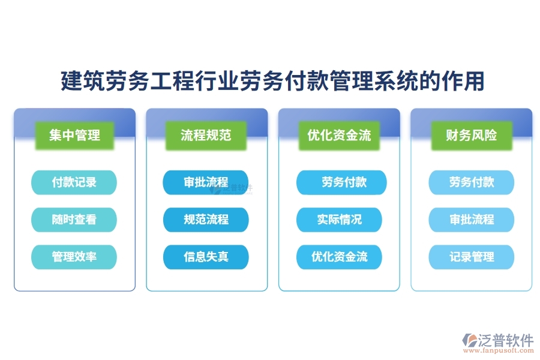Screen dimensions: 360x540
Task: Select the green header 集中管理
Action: [x=74, y=135]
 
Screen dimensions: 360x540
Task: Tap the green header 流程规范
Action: [x=206, y=135]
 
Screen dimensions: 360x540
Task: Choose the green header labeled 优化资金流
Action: [x=339, y=135]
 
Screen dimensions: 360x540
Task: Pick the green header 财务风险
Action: [x=471, y=135]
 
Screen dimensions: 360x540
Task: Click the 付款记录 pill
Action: [x=74, y=182]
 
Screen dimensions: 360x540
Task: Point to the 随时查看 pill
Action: [x=74, y=220]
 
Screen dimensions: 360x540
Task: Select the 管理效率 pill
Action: [x=74, y=257]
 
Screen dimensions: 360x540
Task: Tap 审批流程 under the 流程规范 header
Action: [x=206, y=182]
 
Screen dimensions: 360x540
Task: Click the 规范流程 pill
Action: [x=206, y=220]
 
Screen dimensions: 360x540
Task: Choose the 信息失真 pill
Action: [x=206, y=257]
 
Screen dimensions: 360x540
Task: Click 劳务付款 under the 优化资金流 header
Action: [x=341, y=182]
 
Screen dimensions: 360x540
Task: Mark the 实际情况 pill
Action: [x=339, y=220]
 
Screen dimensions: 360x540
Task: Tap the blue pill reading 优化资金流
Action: [x=339, y=257]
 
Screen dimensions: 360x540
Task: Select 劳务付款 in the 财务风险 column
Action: [x=471, y=182]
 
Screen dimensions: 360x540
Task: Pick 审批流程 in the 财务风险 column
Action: [x=471, y=220]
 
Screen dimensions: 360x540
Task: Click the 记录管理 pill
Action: [x=471, y=257]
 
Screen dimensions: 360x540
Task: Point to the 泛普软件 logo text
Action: [x=506, y=340]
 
